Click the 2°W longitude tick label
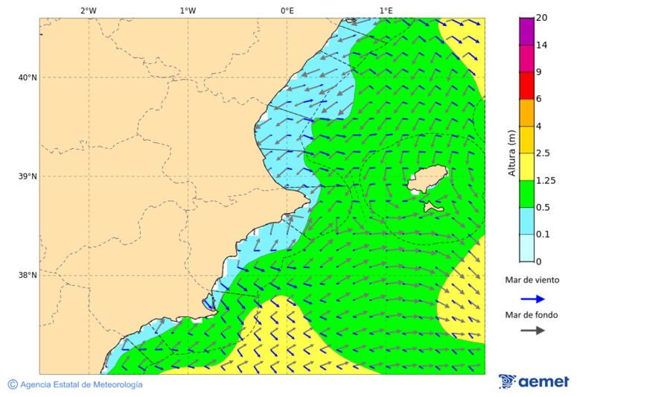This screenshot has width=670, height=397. [x=88, y=10]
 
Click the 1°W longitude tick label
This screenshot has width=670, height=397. [x=188, y=10]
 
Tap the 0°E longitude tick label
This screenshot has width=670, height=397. [x=287, y=10]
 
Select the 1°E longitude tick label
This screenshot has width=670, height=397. [x=386, y=10]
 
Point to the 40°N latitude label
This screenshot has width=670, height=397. [x=28, y=77]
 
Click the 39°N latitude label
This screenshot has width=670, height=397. [x=28, y=177]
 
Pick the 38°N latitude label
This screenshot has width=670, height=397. [x=28, y=276]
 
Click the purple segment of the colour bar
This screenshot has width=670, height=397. [x=526, y=31]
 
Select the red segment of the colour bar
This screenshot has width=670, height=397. [x=526, y=86]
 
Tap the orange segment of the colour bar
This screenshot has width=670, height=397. [x=526, y=112]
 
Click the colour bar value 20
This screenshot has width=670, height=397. [x=541, y=18]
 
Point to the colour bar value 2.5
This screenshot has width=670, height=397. [x=543, y=153]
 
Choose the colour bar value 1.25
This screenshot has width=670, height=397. [x=545, y=180]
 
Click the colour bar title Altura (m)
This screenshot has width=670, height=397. [x=511, y=153]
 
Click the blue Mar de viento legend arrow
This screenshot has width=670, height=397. [x=532, y=299]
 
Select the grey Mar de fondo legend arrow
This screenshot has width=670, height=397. [x=532, y=330]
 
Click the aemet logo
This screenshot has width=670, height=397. [x=534, y=381]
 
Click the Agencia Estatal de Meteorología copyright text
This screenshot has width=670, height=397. [x=75, y=384]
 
